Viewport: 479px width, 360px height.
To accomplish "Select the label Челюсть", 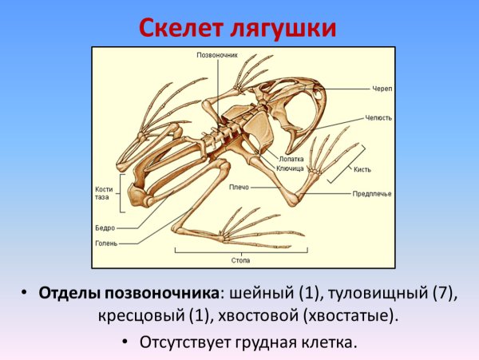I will (x=379, y=117).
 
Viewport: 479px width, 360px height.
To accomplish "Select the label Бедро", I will (x=105, y=227).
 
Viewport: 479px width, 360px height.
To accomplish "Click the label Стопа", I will (x=241, y=260).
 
